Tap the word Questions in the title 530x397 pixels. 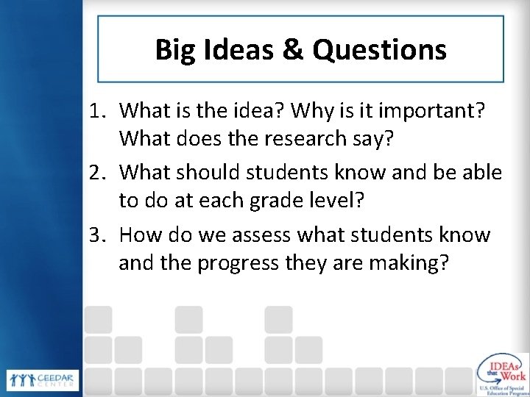click(378, 50)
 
